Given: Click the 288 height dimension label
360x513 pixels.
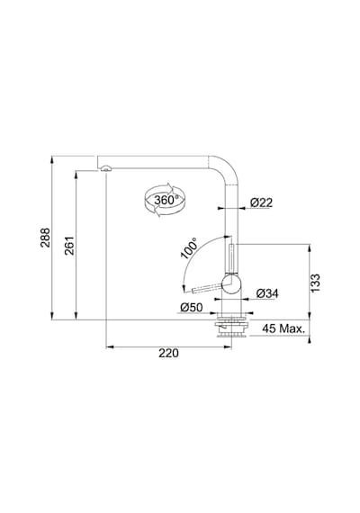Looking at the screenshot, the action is (x=45, y=238).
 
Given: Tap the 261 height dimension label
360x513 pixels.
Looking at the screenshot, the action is (x=69, y=246).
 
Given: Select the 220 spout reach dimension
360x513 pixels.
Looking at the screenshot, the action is (x=168, y=353).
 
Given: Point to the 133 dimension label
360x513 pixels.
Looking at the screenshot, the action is (x=315, y=283).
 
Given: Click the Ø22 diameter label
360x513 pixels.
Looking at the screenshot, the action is (x=262, y=202).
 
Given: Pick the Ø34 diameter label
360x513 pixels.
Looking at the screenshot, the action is (x=267, y=293).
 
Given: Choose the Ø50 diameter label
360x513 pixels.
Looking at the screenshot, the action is (x=192, y=307).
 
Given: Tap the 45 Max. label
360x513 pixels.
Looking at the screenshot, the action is (x=283, y=328).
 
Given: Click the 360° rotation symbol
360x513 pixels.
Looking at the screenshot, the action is (x=165, y=200).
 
